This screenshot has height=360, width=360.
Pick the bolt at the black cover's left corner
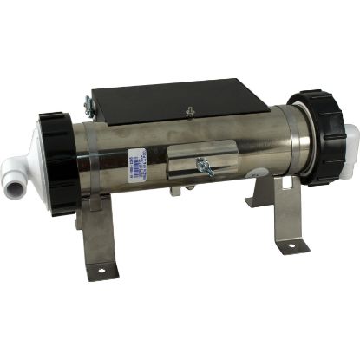[x=88, y=106]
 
